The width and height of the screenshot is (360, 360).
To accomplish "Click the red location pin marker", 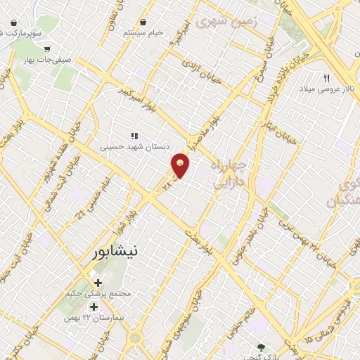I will pos(181,165).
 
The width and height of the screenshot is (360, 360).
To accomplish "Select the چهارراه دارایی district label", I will pos(229,174).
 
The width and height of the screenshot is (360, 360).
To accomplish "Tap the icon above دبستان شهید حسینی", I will pos(134,136).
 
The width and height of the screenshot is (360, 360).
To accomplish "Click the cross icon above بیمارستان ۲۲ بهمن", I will pos(94,307).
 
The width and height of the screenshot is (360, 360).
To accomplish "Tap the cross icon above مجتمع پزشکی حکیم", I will pos(108,282).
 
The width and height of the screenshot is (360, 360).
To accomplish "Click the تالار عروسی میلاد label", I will pos(326,89).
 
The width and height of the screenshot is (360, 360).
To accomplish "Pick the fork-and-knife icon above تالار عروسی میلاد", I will pos(326,78).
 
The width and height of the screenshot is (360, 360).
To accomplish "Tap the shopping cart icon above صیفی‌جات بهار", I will pos(46,50).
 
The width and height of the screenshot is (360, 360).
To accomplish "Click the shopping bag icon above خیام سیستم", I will pos(143,22).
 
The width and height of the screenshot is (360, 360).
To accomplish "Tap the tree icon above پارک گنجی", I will pos(262,346).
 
